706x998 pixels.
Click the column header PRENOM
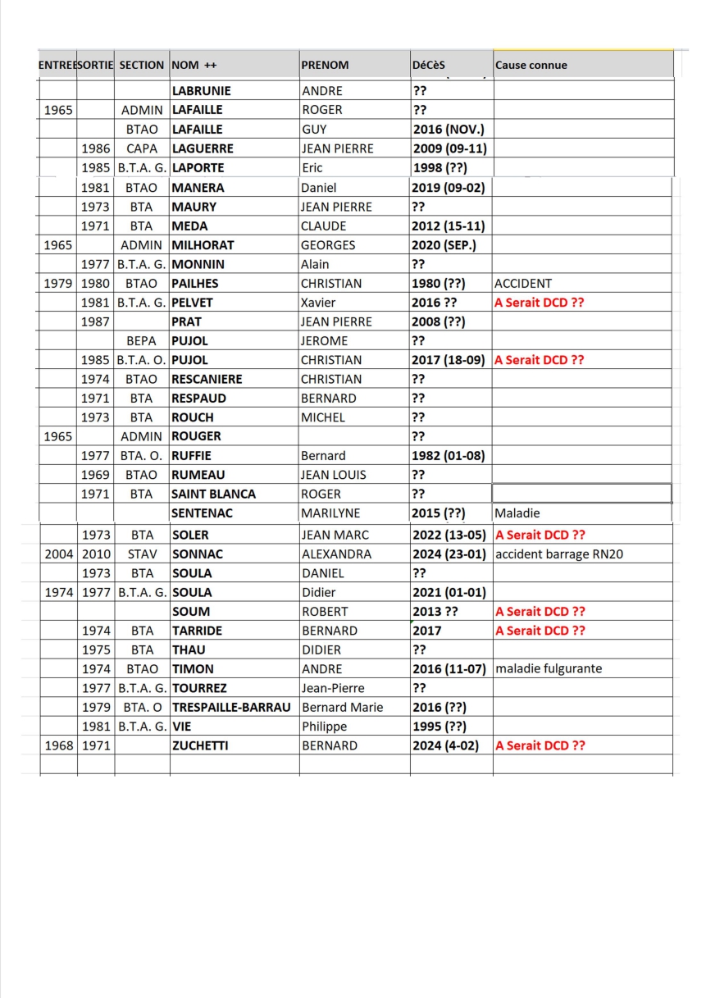coord(325,65)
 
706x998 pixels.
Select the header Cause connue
coord(531,65)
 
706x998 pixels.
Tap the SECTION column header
coord(141,65)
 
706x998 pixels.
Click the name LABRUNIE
coord(201,91)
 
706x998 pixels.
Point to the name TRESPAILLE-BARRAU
coord(232,707)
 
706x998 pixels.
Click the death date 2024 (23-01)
coord(449,554)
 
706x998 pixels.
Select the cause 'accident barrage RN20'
coord(559,554)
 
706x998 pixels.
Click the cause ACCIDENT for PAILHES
coord(523,284)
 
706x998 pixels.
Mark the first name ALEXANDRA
coord(336,554)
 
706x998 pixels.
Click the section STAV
coord(142,554)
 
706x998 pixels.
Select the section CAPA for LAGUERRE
coord(142,148)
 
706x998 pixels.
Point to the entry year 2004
coord(57,554)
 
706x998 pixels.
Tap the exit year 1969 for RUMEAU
coord(96,475)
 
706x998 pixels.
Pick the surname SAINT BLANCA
coord(213,494)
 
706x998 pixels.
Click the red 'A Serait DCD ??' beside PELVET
coord(540,303)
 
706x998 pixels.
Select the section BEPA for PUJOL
coord(142,340)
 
